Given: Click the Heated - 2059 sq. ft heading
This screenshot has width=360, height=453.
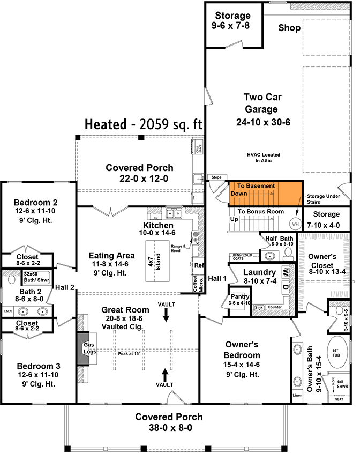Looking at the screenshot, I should [x=143, y=124].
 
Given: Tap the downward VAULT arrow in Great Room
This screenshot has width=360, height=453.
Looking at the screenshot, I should [x=166, y=314].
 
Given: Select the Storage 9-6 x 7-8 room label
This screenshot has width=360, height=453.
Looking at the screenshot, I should [x=233, y=20].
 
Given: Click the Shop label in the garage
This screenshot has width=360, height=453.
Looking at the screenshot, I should [x=289, y=28].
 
